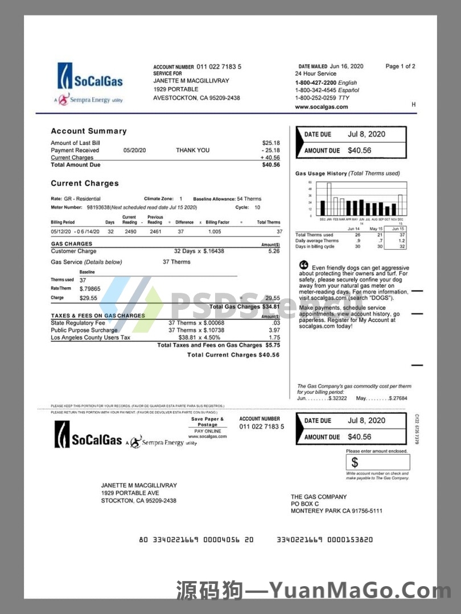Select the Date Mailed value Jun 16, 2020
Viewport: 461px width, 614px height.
[347, 67]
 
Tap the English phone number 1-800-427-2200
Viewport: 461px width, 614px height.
[315, 82]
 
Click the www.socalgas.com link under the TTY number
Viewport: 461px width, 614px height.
[321, 107]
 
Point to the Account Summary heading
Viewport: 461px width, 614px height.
[89, 131]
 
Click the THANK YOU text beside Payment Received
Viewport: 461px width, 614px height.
[192, 150]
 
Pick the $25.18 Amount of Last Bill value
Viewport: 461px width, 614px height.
[271, 143]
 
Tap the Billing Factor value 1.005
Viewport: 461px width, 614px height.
[215, 231]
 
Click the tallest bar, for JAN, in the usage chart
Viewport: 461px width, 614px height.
[329, 199]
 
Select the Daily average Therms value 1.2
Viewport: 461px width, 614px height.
[402, 240]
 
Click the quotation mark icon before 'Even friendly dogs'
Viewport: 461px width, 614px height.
[303, 265]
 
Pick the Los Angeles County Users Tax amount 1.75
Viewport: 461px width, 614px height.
[274, 338]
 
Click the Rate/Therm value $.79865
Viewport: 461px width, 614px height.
[90, 288]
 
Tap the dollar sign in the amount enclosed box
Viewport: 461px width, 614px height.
[355, 462]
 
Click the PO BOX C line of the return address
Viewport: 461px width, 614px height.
[305, 504]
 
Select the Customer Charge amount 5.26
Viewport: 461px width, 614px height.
[274, 251]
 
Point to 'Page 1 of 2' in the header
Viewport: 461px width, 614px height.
[400, 67]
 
